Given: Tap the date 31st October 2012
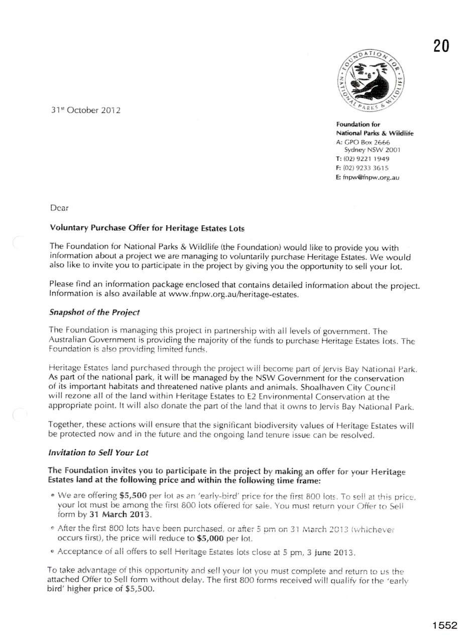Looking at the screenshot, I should [85, 110].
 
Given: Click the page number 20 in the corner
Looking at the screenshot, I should [441, 46].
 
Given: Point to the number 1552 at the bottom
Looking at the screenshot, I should [444, 625].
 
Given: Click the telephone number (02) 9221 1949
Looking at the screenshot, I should [366, 159].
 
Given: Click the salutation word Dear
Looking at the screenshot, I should [59, 207].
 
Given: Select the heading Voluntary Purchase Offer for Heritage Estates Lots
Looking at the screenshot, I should [147, 228].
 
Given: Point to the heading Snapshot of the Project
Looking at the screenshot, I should [94, 312].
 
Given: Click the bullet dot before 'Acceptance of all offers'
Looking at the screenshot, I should [53, 552].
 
